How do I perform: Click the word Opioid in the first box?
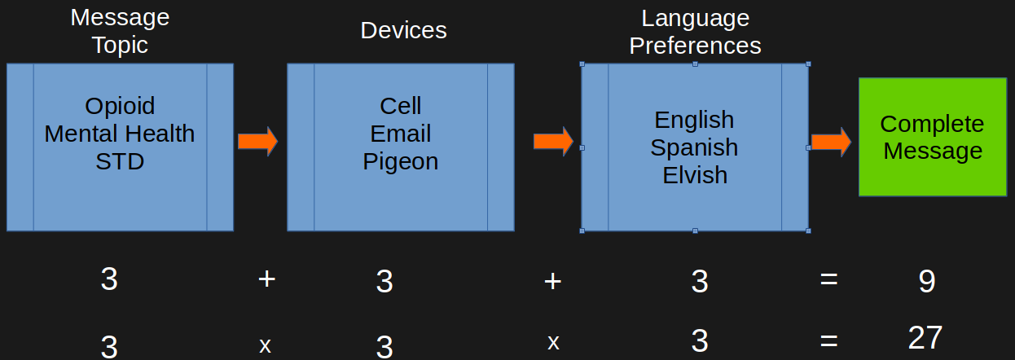pos(120,106)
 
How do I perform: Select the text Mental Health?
pos(120,134)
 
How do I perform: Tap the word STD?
pos(120,161)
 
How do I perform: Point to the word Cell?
pos(401,106)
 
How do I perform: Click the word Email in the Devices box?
pos(401,134)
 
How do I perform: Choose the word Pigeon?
pos(401,161)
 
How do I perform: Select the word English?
pos(694,120)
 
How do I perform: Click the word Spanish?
pos(694,147)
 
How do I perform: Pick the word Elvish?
pos(694,175)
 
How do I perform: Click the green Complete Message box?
pos(932,137)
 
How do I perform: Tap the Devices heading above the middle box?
pos(403,31)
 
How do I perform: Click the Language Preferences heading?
pos(695,32)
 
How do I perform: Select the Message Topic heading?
pos(120,31)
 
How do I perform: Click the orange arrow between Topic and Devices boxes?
pos(257,142)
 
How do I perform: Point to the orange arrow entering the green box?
pos(831,143)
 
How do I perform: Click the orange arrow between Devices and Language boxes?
pos(553,141)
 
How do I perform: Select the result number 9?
pos(927,282)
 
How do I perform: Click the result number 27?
pos(925,338)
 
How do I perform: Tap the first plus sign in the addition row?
pos(266,279)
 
